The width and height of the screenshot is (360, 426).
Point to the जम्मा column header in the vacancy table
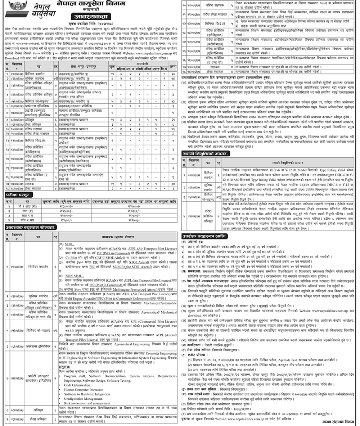(x=173, y=64)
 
